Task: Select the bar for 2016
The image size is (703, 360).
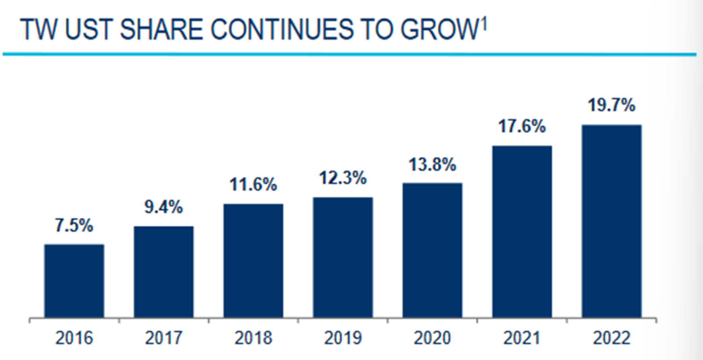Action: tap(74, 280)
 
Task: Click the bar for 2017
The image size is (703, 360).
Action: tap(164, 272)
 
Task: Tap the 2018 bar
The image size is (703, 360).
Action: tap(253, 260)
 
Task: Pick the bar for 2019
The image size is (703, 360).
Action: tap(343, 257)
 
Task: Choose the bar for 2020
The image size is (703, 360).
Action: tap(433, 250)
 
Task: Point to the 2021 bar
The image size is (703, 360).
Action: tap(522, 232)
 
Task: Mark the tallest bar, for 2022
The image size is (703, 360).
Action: tap(612, 221)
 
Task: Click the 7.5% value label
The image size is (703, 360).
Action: tap(74, 226)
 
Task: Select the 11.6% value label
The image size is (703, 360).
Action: tap(253, 185)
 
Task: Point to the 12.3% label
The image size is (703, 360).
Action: tap(343, 178)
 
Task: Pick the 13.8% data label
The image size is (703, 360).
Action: tap(433, 165)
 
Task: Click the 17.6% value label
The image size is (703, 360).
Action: tap(522, 127)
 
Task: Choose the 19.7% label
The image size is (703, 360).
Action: tap(612, 105)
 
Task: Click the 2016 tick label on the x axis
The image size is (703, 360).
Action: tap(74, 338)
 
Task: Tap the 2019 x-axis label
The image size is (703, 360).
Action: tap(343, 338)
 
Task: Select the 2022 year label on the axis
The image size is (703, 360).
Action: tap(612, 338)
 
